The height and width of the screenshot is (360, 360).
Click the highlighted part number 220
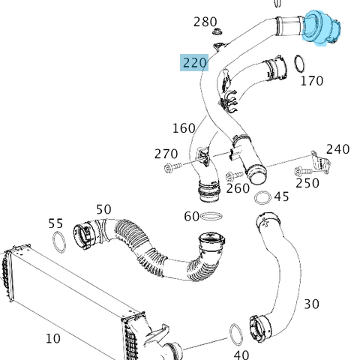194,62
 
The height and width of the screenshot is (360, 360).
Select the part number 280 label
205,22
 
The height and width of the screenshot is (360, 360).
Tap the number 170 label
311,80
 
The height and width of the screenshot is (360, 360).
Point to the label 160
184,128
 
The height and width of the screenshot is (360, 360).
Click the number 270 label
166,154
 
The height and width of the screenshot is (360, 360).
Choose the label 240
337,149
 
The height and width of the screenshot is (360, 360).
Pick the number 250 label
307,182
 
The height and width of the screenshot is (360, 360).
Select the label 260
238,188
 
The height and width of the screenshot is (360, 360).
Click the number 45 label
281,196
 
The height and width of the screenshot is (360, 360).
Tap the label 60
191,217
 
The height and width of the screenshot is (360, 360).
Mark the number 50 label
103,209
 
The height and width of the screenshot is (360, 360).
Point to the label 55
55,223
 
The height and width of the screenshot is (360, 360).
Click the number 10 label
52,338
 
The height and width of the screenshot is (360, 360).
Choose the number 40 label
241,354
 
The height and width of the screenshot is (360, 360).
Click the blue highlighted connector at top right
324,28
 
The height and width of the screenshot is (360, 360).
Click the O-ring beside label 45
263,198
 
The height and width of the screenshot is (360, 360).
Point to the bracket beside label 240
320,164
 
